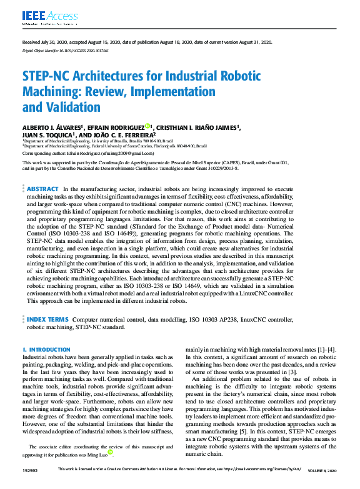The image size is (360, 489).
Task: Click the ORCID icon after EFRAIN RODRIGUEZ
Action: click(147, 127)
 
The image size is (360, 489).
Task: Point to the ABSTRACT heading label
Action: click(43, 189)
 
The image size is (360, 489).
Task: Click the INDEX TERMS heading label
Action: click(47, 319)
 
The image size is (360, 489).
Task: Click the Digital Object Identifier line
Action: click(66, 50)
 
